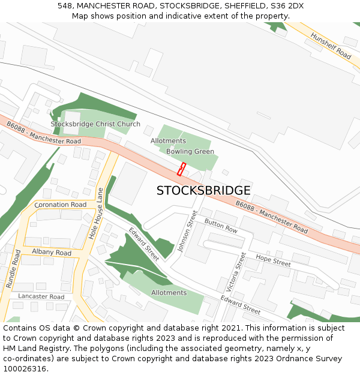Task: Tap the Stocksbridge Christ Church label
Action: (x=95, y=124)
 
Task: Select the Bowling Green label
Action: (x=190, y=151)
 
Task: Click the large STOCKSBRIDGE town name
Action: (x=203, y=191)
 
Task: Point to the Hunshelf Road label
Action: (x=331, y=46)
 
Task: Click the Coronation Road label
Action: (x=61, y=205)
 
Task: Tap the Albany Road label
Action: (x=52, y=253)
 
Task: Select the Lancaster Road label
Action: (x=41, y=296)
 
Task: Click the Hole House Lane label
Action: (x=97, y=214)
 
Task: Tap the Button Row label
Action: (x=221, y=226)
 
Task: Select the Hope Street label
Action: (x=273, y=260)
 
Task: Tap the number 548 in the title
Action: (x=65, y=5)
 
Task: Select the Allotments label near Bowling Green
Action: (x=168, y=141)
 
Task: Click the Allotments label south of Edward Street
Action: (x=169, y=293)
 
